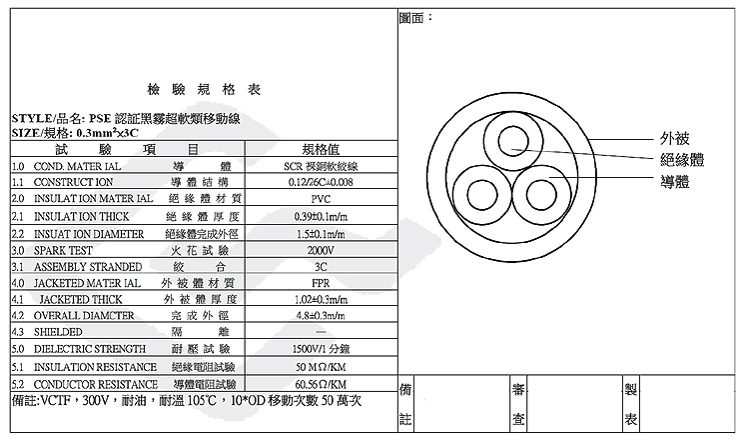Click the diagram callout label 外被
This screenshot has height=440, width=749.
click(674, 138)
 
